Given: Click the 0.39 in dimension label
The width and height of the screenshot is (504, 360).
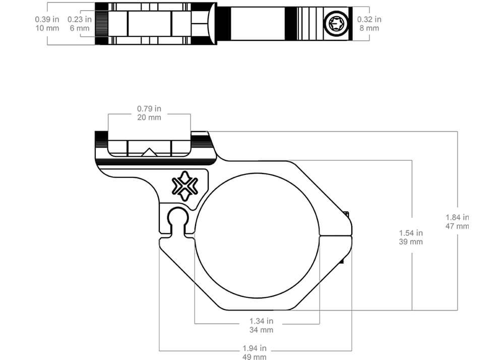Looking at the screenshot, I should pos(47,19).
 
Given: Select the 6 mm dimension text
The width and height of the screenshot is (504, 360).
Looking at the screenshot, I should pos(80,28).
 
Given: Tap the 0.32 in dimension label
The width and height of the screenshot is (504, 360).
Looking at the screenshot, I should pos(369,19).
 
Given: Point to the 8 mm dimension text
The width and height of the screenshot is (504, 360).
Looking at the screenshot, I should pos(369,28).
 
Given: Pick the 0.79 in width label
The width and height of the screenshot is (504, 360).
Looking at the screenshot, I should pos(149,108).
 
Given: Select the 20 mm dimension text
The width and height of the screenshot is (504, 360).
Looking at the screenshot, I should pos(149,117).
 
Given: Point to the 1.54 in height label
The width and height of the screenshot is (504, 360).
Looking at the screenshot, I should pos(411,233).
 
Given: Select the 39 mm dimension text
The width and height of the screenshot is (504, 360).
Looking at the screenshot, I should pos(411,242).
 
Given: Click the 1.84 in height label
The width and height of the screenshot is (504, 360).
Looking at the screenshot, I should pos(457,217).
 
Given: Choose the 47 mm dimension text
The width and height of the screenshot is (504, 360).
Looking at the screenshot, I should pos(457,226).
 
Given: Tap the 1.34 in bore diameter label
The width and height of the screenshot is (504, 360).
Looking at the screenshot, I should pos(261,321).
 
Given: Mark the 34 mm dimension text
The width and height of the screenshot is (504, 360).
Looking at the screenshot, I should pos(261,330).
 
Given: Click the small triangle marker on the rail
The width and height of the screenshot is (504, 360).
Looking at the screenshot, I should pos(149,152).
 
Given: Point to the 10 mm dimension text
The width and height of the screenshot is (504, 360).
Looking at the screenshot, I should pos(47,28).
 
